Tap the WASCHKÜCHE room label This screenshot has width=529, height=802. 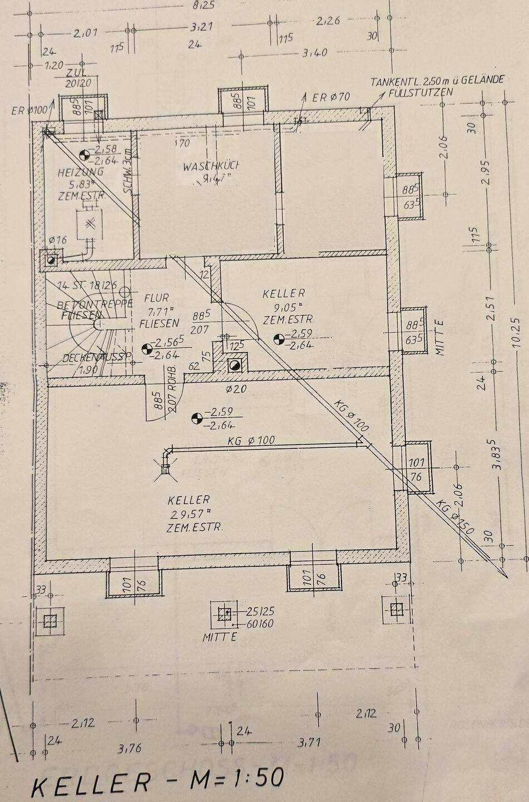[211, 166]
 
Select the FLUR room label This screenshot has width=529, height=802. [156, 298]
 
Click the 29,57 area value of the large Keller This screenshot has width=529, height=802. [191, 514]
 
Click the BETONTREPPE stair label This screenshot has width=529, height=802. [95, 304]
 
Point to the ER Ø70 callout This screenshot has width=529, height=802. [331, 97]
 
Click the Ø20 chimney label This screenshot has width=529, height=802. [237, 389]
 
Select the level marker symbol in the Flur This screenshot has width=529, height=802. [147, 349]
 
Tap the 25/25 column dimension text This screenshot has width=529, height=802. [260, 611]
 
